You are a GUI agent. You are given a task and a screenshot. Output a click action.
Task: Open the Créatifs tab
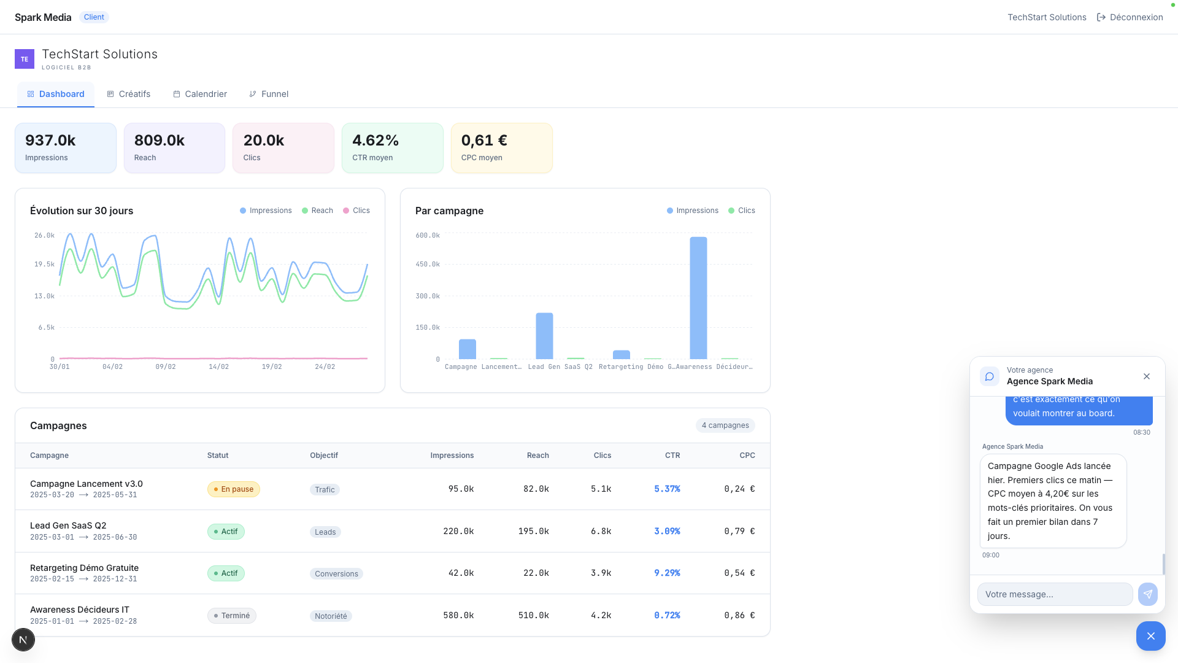(x=129, y=94)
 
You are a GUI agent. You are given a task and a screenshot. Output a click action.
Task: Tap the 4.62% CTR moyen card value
(x=375, y=141)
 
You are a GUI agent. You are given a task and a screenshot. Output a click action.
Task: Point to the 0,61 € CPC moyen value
(x=484, y=141)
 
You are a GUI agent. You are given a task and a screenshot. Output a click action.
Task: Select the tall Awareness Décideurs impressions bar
(x=698, y=298)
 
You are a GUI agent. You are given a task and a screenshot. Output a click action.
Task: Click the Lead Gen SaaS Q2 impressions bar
(x=544, y=336)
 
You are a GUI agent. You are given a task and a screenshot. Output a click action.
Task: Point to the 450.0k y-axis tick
(x=428, y=265)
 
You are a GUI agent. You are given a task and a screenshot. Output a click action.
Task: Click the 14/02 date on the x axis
(x=218, y=367)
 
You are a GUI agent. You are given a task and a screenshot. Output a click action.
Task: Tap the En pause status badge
(x=234, y=489)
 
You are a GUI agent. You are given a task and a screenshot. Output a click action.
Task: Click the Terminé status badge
(x=232, y=616)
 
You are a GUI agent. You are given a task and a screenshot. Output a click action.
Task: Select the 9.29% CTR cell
(x=667, y=573)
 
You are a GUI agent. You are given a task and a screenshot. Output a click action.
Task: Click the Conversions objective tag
(x=336, y=574)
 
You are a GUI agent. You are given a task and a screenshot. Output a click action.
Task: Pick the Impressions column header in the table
(x=452, y=456)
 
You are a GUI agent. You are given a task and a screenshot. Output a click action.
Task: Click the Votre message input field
(x=1055, y=594)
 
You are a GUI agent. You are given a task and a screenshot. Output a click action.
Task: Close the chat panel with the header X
(x=1147, y=376)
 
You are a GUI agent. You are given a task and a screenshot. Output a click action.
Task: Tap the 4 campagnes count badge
(x=725, y=425)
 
